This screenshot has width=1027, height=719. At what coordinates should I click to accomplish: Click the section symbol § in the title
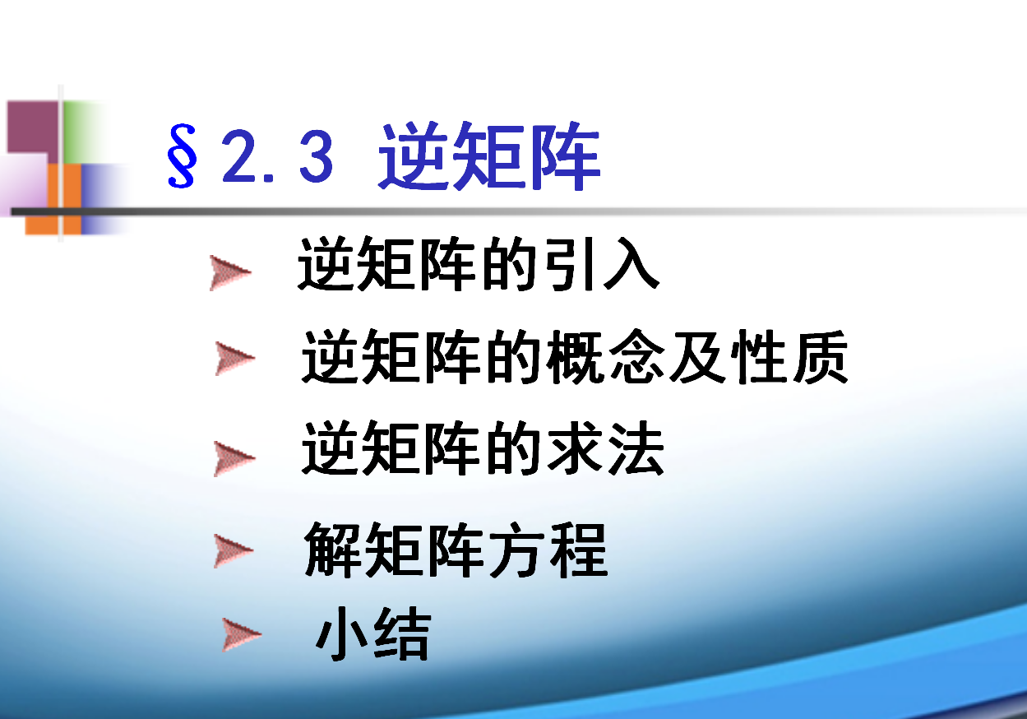pos(182,155)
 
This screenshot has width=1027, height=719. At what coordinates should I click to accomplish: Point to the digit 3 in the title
pos(317,155)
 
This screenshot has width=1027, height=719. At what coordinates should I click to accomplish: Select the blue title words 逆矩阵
pos(489,156)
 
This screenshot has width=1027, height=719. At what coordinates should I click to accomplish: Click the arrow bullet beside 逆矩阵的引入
pos(230,273)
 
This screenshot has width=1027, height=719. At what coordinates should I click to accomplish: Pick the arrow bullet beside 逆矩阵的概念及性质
pos(234,359)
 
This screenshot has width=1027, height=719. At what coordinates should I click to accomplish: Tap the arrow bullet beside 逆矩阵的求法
pos(234,459)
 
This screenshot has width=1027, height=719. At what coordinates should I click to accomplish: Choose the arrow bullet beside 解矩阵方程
pos(234,551)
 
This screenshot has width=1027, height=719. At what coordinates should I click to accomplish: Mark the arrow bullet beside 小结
pos(242,635)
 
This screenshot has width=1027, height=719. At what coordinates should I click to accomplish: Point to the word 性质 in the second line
pos(789,356)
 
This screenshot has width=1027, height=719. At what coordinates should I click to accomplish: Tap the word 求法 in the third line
pos(605,448)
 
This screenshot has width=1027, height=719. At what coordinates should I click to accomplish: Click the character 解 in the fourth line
pos(332,550)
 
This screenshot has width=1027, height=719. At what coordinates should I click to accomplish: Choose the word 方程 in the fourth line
pos(548,550)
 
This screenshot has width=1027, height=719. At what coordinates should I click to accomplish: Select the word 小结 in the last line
pos(373,633)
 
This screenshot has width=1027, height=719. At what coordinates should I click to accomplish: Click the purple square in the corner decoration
pos(33,127)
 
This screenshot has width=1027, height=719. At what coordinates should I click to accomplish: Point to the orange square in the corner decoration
pos(53,199)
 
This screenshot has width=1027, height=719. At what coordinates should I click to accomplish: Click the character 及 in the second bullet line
pos(697,356)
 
